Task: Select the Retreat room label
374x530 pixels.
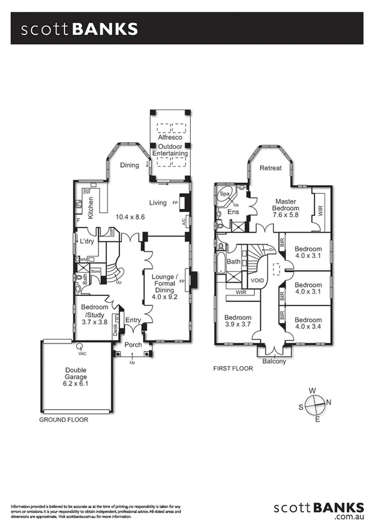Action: [x=271, y=168]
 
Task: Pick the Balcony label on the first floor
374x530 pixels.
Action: [x=275, y=361]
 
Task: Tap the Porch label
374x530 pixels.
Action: [x=133, y=345]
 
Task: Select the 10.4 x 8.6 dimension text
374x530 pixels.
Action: [x=130, y=217]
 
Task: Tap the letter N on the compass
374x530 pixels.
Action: [x=330, y=402]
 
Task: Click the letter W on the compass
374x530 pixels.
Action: [x=313, y=390]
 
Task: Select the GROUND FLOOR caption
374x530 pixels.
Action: [x=64, y=420]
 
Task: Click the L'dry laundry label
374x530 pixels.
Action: [x=86, y=240]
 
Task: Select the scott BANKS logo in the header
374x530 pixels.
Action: [x=79, y=29]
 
